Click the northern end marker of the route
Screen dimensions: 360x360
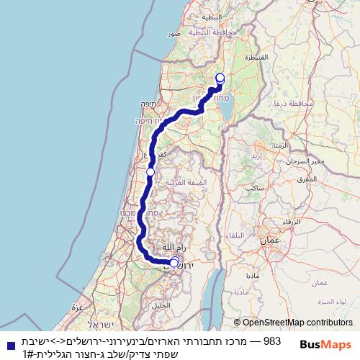pos(220,78)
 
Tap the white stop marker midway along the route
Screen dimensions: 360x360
pos(150,172)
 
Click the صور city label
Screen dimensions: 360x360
pos(174,34)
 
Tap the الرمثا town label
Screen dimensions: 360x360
pos(261,145)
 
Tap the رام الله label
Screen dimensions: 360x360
pos(165,246)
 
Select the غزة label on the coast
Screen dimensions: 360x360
pos(78,307)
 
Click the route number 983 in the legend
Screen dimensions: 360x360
pos(271,339)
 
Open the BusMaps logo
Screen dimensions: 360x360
pos(325,345)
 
